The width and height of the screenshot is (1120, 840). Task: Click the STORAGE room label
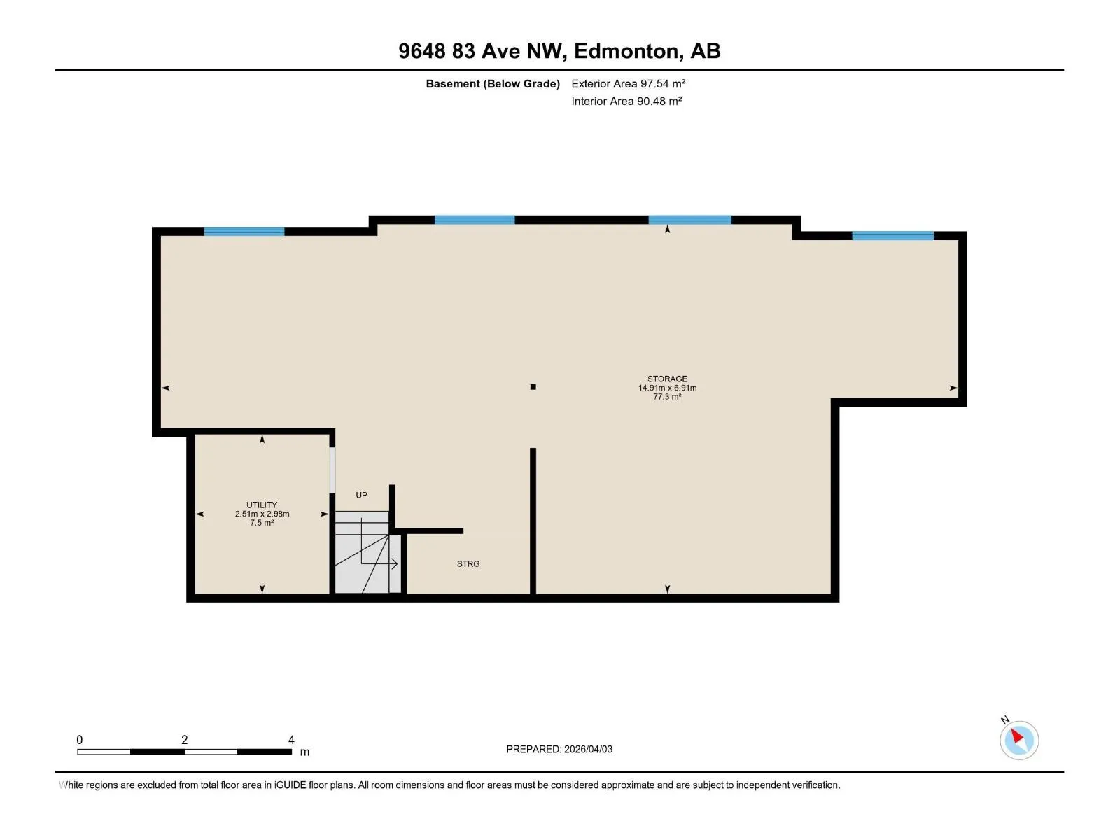[667, 379]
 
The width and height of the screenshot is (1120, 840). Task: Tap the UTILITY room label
[262, 505]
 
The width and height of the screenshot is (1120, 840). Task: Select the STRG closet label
[468, 563]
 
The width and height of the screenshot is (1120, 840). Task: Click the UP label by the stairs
[361, 495]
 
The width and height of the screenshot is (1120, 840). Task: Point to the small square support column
[533, 386]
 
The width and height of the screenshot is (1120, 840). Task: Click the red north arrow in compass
[1016, 736]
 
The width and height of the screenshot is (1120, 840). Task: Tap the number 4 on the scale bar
[291, 739]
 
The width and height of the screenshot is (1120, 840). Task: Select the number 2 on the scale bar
[184, 739]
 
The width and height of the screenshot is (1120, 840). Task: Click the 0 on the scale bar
[80, 739]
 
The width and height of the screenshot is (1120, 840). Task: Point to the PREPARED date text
[559, 749]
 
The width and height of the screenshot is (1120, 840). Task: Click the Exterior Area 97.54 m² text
[628, 83]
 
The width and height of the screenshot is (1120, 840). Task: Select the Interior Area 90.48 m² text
[626, 101]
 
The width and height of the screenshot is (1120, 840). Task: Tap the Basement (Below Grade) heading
[493, 83]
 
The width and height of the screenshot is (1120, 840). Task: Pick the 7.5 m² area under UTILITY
[262, 522]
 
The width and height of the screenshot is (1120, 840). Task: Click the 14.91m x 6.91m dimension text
[667, 388]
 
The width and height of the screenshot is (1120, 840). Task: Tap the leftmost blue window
[244, 231]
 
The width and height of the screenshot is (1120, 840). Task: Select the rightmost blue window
[893, 235]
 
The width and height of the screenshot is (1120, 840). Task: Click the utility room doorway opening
[332, 470]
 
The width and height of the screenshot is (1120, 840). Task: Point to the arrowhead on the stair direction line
[394, 563]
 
